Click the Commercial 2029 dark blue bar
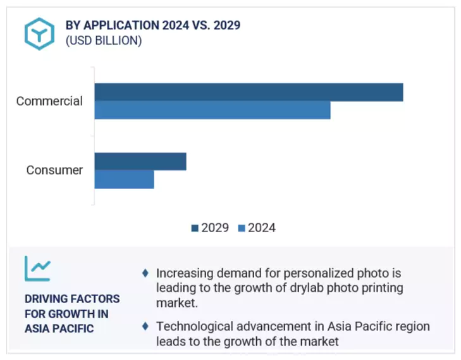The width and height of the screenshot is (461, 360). point(249,92)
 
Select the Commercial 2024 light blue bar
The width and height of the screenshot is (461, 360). point(212,110)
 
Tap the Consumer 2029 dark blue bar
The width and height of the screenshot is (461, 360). point(140,161)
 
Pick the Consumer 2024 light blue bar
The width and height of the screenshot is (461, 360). point(125,179)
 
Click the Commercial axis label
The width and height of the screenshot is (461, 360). point(49,101)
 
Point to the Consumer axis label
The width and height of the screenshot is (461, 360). point(54,170)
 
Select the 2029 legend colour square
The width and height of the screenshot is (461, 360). point(195,228)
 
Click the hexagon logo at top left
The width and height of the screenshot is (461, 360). point(39,34)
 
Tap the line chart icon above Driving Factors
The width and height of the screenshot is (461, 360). point(37,269)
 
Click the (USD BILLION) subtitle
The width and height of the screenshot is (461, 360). point(104,41)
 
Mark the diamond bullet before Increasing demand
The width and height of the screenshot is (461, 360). point(145,273)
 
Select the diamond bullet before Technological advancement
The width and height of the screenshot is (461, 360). point(145,326)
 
